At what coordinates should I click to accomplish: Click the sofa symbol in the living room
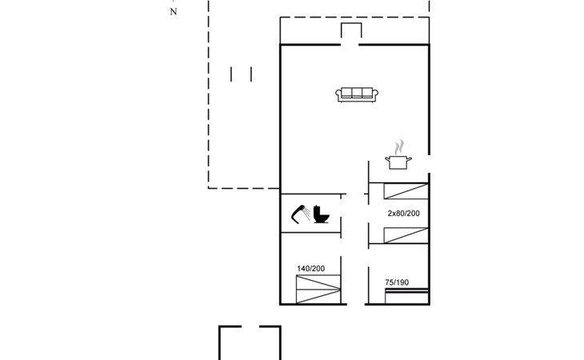[x=357, y=94]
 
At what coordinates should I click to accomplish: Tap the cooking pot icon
[x=398, y=162]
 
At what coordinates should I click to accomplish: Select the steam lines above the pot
[x=399, y=146]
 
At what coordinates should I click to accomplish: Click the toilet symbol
[x=321, y=214]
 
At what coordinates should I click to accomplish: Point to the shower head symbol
[x=300, y=214]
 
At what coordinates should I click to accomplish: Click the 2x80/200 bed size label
[x=404, y=214]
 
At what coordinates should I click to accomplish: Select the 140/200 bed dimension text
[x=311, y=269]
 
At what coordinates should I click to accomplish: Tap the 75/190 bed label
[x=397, y=282]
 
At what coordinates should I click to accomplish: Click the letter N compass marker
[x=173, y=12]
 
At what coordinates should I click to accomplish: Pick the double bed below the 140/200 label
[x=318, y=290]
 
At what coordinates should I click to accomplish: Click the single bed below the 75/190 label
[x=406, y=296]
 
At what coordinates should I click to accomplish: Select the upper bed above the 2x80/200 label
[x=406, y=191]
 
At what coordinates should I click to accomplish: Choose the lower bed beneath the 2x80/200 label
[x=406, y=235]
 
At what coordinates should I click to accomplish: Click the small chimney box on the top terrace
[x=351, y=30]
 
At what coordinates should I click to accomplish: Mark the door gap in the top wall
[x=350, y=45]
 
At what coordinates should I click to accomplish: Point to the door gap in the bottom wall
[x=356, y=304]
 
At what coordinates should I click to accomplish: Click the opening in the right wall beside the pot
[x=429, y=164]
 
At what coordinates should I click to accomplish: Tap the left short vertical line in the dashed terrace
[x=231, y=74]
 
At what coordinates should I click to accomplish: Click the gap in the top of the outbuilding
[x=250, y=327]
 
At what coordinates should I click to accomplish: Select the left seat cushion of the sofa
[x=346, y=93]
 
